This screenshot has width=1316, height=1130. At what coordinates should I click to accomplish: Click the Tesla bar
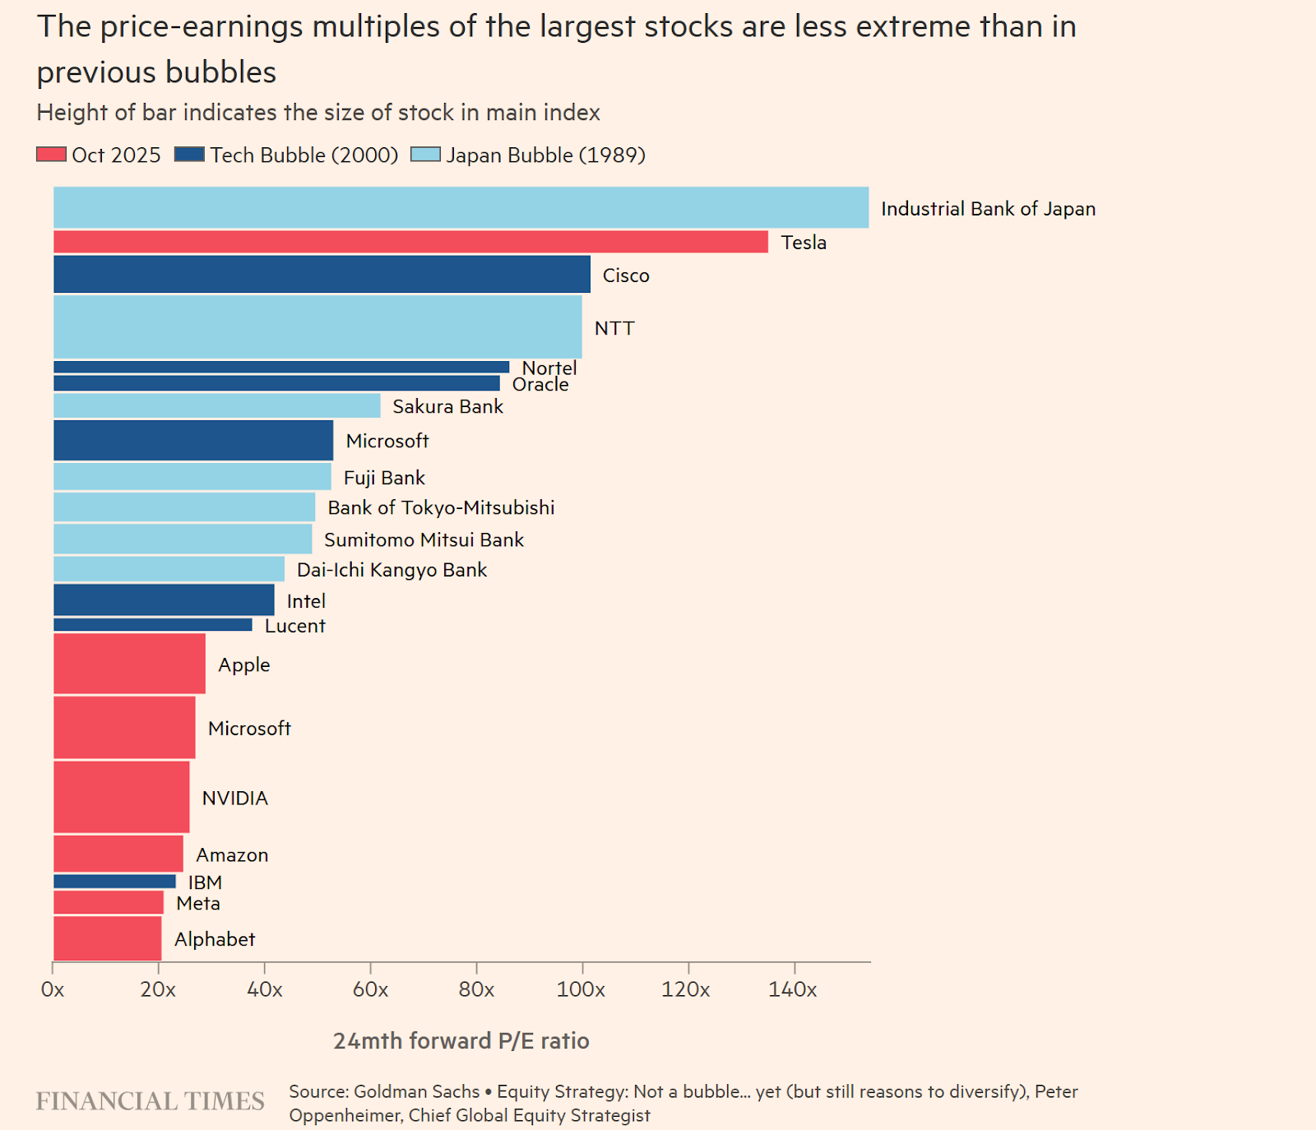pos(410,242)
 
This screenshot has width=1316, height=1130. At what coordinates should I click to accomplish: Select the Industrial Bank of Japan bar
pos(461,207)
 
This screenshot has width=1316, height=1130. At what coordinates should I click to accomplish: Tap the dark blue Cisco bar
pos(322,274)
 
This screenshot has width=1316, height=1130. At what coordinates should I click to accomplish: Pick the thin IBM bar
pos(114,882)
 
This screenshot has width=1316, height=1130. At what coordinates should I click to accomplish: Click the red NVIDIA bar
pos(122,797)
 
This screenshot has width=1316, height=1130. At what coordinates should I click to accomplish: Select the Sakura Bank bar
pos(216,405)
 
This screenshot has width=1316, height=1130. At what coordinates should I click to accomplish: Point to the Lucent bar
pos(153,625)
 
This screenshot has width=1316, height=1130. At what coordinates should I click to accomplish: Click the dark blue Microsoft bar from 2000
pos(193,440)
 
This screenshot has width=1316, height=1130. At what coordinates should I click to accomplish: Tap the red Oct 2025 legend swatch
pos(51,155)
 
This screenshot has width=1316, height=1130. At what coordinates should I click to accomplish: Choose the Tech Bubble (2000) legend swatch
pos(189,155)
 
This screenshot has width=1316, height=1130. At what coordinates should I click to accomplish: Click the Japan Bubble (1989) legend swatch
pos(425,155)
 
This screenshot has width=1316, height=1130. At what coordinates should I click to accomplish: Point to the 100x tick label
pos(581,989)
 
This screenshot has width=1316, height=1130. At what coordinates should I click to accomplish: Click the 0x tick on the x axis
pos(53,989)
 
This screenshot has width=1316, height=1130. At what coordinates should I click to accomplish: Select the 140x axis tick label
pos(792,989)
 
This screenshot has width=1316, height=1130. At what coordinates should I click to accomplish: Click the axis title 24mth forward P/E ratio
pos(461,1041)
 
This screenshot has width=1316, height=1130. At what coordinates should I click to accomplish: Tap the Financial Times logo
pos(150,1101)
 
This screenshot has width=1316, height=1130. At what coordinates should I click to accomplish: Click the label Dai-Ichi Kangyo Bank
pos(392,570)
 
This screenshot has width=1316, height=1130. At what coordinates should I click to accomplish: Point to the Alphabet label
pos(215,939)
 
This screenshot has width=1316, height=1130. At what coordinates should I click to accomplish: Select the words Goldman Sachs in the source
pos(416,1091)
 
